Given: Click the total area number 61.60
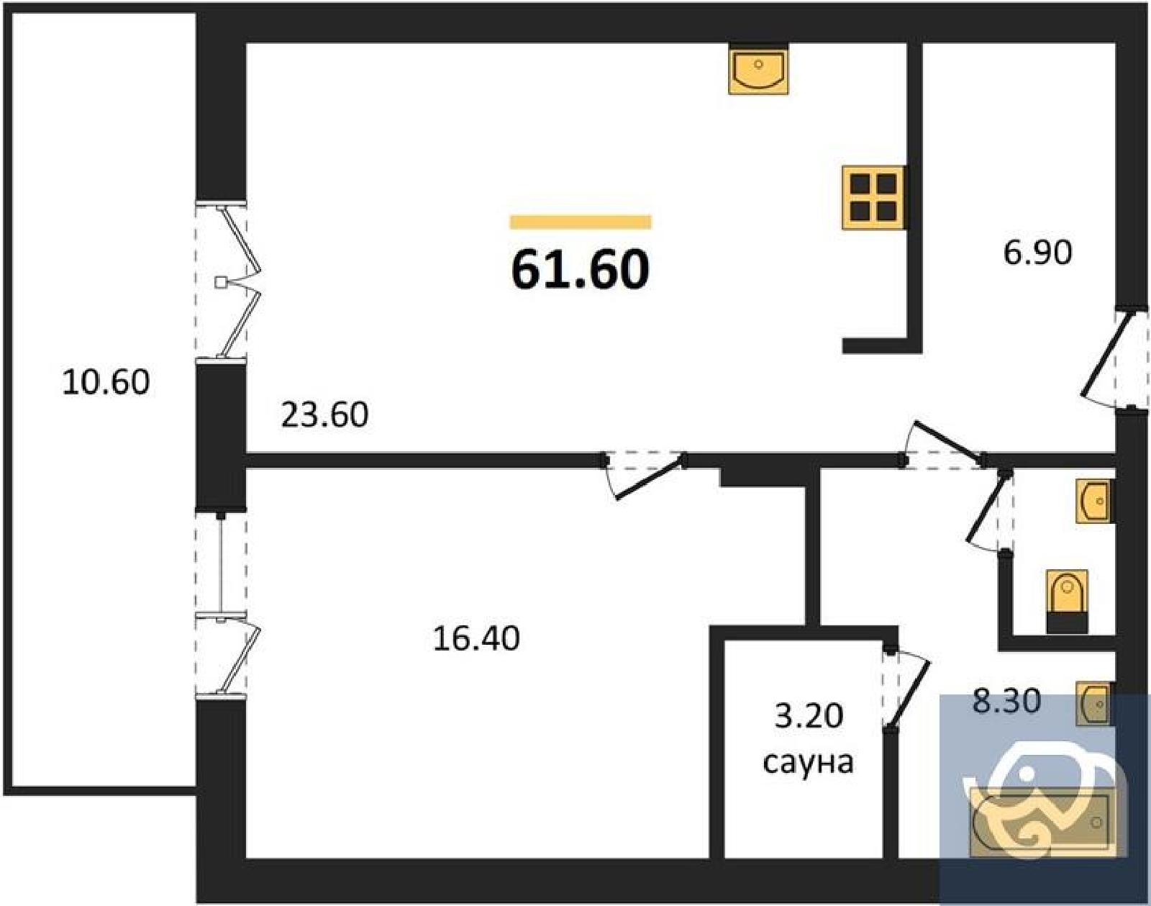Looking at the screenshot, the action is [581, 271].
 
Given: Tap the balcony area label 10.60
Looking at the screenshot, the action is [106, 383].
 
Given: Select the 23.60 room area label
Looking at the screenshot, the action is [324, 415].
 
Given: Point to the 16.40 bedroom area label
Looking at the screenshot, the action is [476, 638].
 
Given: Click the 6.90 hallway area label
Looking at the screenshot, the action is [1037, 253].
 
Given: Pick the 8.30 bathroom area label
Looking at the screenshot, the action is [1006, 700].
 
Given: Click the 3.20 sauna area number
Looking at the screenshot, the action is [809, 715].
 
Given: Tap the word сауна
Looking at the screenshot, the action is [808, 762].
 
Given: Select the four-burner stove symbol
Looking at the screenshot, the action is [873, 198].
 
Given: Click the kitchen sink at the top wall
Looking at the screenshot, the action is [758, 71].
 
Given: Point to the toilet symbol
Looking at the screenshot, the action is [1067, 602].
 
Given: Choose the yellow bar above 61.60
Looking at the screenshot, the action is [581, 222].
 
